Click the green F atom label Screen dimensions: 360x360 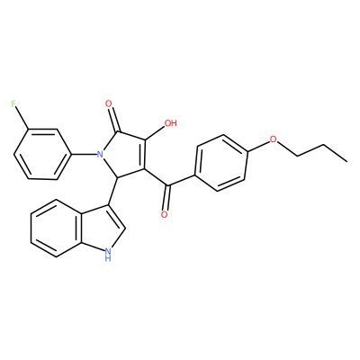(13, 104)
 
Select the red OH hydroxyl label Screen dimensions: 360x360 (170, 123)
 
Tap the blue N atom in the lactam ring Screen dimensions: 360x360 (100, 155)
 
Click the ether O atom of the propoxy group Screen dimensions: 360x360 (273, 139)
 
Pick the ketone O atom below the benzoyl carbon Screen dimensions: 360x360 (164, 214)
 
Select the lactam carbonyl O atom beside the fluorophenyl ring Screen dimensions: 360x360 (109, 104)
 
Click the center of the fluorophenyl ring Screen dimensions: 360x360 (43, 155)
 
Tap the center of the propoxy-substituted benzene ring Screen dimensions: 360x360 (221, 163)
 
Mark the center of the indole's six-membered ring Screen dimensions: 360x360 (56, 231)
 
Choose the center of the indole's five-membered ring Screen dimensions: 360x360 (99, 229)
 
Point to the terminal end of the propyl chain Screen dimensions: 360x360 (347, 161)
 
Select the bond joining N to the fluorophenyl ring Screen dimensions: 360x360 (85, 155)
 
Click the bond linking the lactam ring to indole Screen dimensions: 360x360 (113, 191)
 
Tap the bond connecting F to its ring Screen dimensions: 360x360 (22, 119)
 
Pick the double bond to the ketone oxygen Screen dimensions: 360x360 (166, 197)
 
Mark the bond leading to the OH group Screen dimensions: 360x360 (156, 132)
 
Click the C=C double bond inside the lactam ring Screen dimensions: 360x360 (144, 155)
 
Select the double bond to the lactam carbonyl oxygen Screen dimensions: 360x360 (114, 120)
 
